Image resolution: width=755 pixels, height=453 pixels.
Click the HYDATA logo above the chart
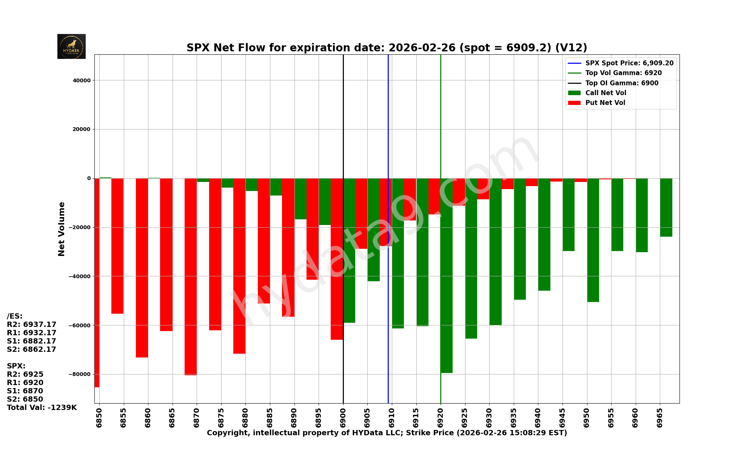tap(71, 46)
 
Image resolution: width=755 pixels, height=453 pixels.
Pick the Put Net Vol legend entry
tap(605, 103)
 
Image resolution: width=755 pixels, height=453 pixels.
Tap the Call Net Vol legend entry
tap(606, 93)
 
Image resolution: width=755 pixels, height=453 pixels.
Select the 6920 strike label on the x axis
tap(441, 418)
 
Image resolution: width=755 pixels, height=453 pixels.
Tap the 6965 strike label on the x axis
tap(660, 418)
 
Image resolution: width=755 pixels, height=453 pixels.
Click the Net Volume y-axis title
tap(62, 229)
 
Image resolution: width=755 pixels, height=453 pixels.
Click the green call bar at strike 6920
tap(447, 276)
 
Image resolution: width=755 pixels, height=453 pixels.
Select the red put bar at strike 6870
tap(191, 276)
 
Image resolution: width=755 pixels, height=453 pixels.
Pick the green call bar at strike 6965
tap(666, 208)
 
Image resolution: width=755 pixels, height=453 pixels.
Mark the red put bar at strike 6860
tap(142, 268)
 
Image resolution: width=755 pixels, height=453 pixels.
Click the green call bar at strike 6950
tap(593, 240)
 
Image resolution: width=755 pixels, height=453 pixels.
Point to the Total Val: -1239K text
tap(42, 408)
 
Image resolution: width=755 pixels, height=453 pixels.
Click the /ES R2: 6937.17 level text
tap(31, 325)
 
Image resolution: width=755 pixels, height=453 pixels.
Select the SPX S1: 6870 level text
tap(25, 391)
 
